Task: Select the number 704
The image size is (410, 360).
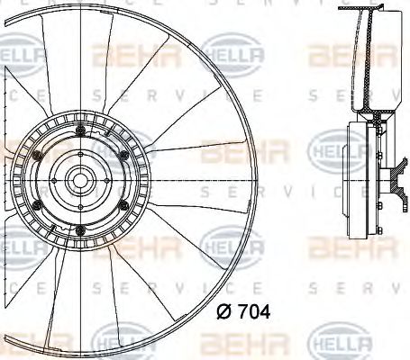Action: [x=250, y=312]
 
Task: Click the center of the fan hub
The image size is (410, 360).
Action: [x=76, y=181]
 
